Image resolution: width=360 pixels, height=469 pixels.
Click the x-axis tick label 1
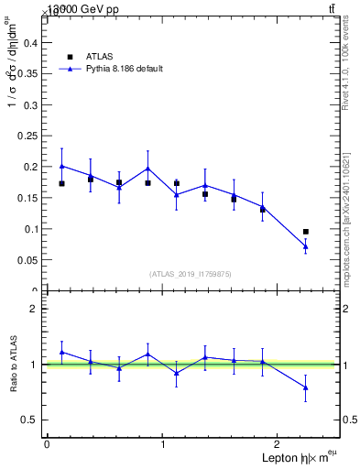click(x=163, y=444)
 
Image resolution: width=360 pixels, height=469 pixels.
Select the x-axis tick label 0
click(x=47, y=444)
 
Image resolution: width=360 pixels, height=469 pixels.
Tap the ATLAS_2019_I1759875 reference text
click(x=191, y=274)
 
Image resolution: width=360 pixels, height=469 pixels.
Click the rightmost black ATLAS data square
click(x=305, y=232)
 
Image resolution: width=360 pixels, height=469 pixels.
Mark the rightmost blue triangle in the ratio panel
click(x=305, y=387)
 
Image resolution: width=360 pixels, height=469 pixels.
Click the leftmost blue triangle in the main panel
click(x=61, y=166)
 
